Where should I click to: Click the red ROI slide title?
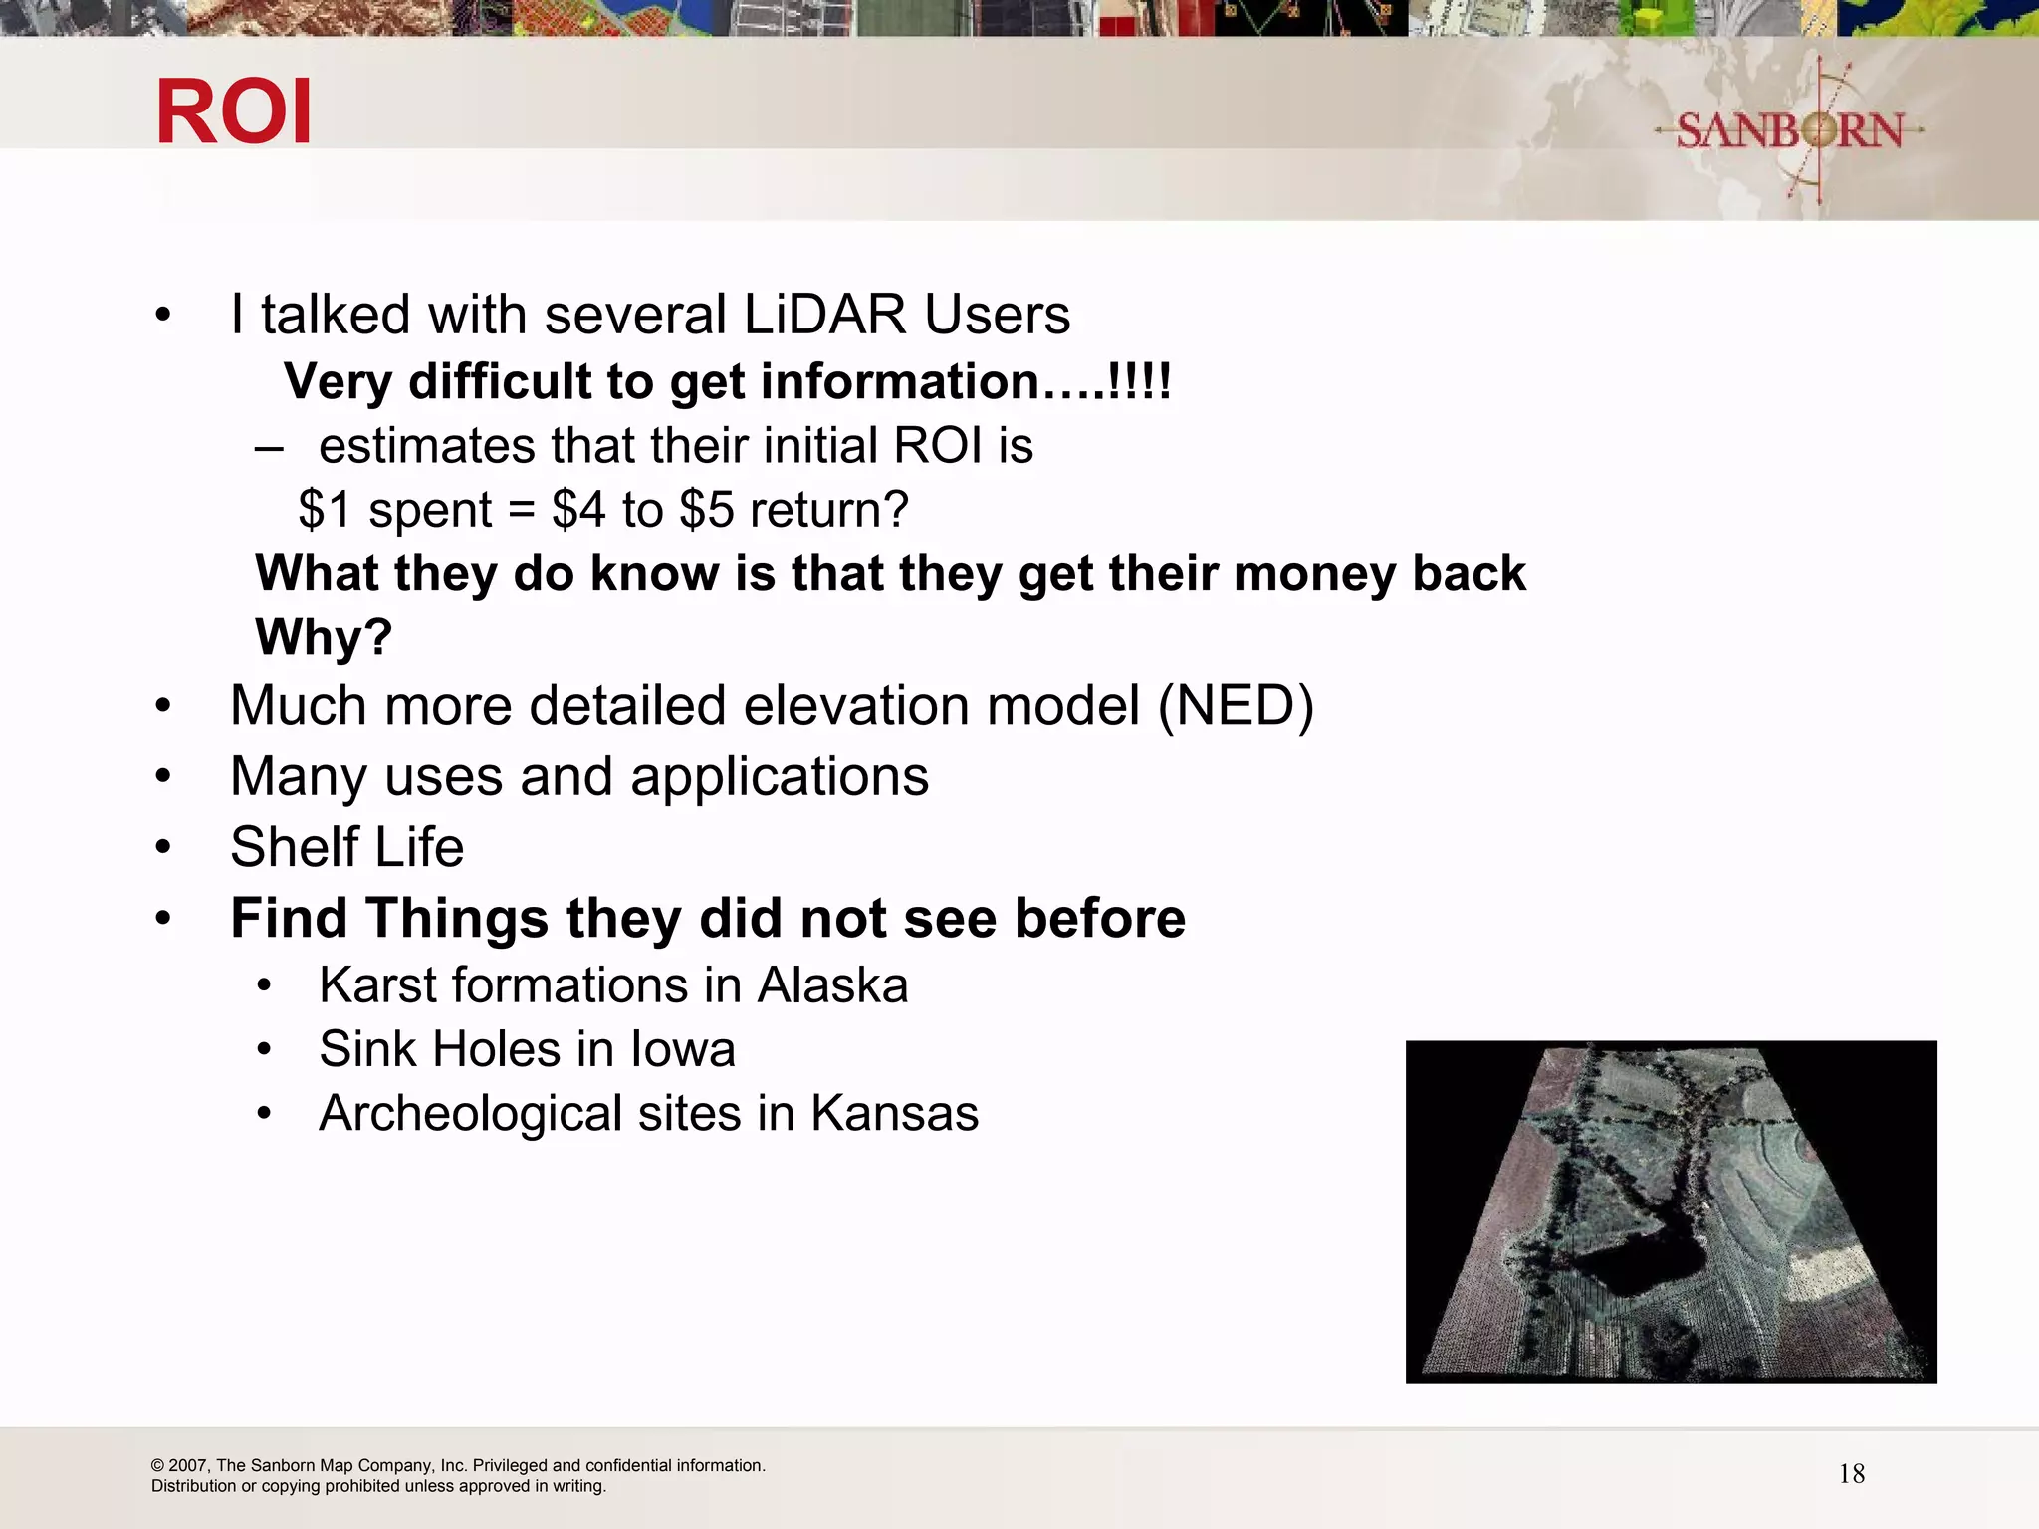[x=234, y=111]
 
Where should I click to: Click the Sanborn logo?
[x=1789, y=130]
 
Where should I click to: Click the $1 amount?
[x=325, y=510]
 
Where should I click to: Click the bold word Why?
[x=324, y=637]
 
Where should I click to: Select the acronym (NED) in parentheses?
[x=1236, y=706]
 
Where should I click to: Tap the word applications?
[x=780, y=776]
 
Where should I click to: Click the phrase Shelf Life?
[x=346, y=847]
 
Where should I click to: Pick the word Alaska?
[x=832, y=985]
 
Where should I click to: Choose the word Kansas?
[x=894, y=1113]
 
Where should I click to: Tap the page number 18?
[x=1851, y=1474]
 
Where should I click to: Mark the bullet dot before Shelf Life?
[x=163, y=847]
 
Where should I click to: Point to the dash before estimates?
[x=269, y=447]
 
